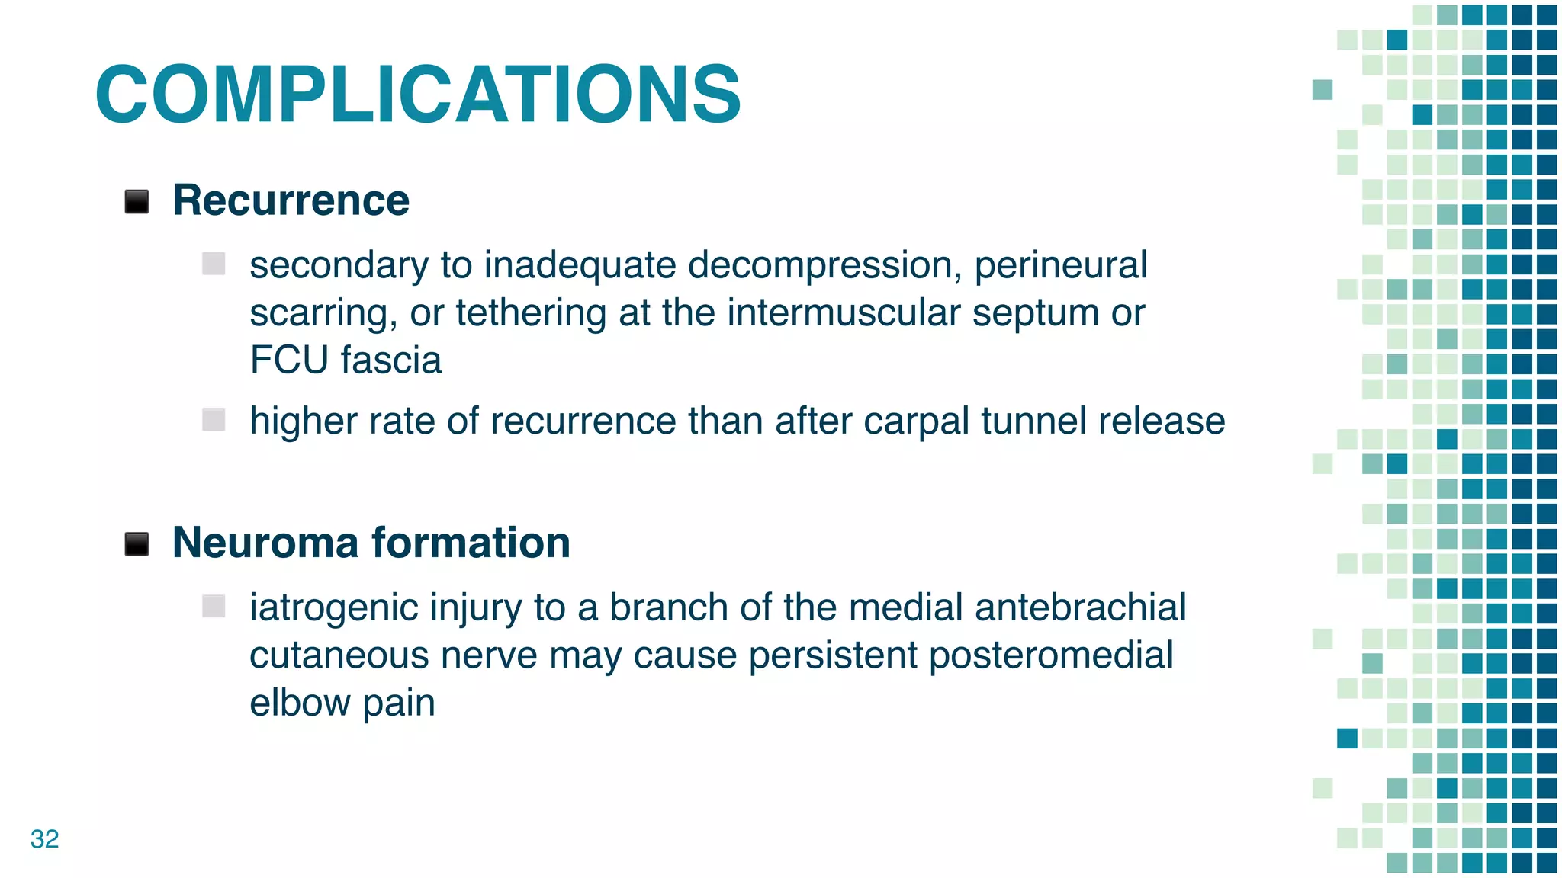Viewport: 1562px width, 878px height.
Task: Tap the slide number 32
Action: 44,838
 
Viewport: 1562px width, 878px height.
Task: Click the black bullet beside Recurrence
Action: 137,202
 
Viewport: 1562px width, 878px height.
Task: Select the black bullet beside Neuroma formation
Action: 137,544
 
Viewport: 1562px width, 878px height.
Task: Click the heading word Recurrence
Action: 291,200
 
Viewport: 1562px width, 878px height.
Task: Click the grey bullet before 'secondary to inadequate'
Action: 214,264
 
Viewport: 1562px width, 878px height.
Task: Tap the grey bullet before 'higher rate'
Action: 214,419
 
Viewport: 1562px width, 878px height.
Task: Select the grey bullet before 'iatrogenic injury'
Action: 214,606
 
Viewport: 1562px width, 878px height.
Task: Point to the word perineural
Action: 1060,266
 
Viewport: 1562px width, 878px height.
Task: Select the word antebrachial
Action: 1080,607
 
